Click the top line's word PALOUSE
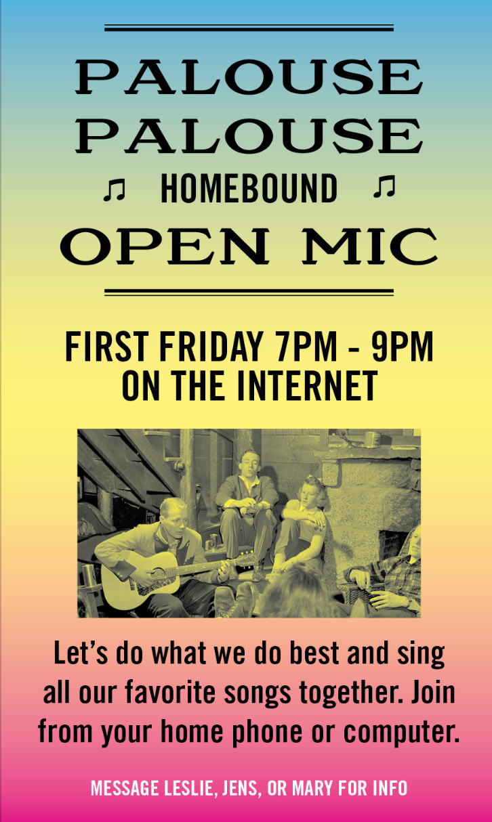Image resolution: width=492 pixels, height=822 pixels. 249,77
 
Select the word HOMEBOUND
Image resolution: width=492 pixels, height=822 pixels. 249,189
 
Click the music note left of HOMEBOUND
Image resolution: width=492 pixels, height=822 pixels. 114,190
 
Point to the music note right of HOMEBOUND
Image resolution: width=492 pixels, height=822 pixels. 384,187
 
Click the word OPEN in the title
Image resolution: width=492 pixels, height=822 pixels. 165,246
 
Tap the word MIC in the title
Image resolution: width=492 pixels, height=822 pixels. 369,246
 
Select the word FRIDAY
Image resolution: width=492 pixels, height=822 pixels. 211,347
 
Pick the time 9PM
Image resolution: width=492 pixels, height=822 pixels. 403,347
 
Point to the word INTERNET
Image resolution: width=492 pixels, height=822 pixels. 307,385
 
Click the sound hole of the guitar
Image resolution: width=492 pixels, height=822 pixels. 159,573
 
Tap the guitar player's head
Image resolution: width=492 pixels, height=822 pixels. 173,514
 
